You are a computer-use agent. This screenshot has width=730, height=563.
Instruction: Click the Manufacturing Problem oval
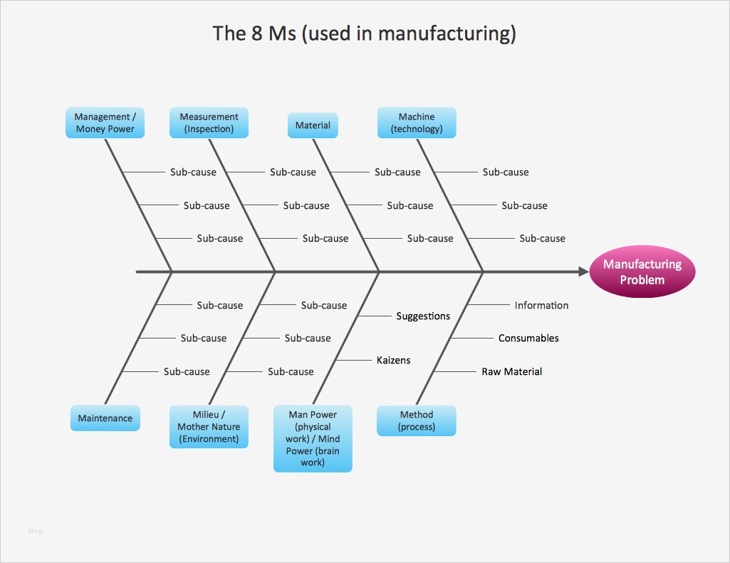[x=642, y=272]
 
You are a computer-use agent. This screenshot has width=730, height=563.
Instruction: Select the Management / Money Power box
[x=105, y=123]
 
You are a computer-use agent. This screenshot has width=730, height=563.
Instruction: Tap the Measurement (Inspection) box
[x=209, y=123]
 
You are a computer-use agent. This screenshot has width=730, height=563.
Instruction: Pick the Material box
[x=313, y=125]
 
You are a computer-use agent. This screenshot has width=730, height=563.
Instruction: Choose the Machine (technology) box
[x=417, y=123]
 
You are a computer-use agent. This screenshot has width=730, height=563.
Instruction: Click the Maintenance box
[x=105, y=418]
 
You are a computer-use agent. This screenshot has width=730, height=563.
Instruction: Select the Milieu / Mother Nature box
[x=209, y=427]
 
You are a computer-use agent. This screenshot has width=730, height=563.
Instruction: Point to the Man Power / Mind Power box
[x=313, y=438]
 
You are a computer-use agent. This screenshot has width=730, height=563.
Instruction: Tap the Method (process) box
[x=417, y=420]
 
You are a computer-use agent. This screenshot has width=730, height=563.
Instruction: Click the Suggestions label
[x=423, y=316]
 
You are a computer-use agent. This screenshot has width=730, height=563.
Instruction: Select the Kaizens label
[x=393, y=361]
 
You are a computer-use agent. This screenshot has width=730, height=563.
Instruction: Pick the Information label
[x=541, y=305]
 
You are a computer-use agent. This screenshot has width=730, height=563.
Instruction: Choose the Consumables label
[x=528, y=338]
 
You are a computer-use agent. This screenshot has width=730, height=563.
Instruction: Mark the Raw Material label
[x=512, y=371]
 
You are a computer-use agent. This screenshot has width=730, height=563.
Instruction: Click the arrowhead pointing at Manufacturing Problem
[x=583, y=272]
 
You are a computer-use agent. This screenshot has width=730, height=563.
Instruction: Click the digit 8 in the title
[x=256, y=33]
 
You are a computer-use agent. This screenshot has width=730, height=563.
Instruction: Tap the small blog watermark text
[x=35, y=531]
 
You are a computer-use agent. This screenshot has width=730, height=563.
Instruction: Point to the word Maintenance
[x=105, y=418]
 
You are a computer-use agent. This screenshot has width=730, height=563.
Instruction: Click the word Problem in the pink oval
[x=642, y=280]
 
